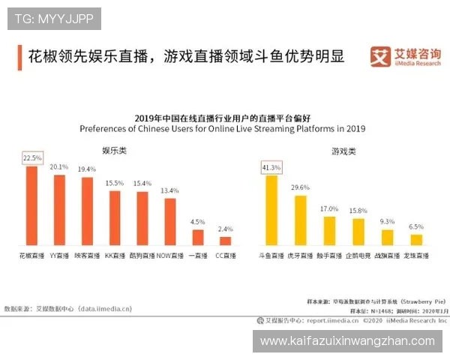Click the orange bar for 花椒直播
tap(31, 205)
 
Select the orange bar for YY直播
tap(59, 210)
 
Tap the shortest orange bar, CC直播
tap(225, 241)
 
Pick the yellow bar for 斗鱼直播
tap(271, 210)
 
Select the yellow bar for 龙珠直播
tap(416, 239)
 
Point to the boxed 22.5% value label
tap(32, 158)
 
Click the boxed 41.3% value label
tap(271, 167)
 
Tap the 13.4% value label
tap(170, 190)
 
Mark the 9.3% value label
tap(387, 222)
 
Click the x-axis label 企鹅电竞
tap(358, 256)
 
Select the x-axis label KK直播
tap(115, 256)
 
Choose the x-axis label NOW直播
tap(170, 256)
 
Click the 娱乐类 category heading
tap(114, 151)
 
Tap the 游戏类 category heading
tap(343, 151)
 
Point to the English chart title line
tap(222, 128)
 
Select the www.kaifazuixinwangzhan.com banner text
tap(347, 341)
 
